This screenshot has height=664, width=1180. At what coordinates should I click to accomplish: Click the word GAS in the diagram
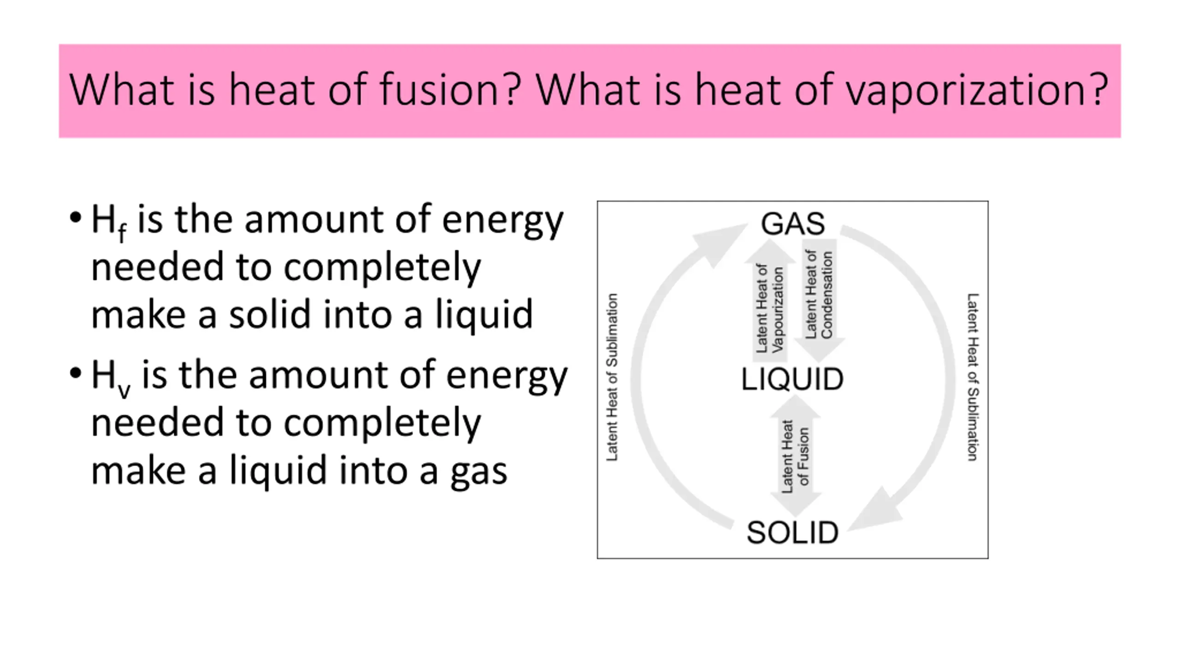792,224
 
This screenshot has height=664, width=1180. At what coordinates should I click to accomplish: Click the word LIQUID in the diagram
792,379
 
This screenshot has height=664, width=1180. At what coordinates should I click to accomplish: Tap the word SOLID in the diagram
792,533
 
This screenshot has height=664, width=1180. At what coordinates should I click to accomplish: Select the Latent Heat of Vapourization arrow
770,304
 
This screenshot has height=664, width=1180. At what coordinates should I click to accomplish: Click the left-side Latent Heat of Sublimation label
612,377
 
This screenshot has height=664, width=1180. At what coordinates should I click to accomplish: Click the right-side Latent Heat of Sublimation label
972,377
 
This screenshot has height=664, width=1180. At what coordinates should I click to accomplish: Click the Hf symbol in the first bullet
108,221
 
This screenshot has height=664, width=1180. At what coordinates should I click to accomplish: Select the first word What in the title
124,89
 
